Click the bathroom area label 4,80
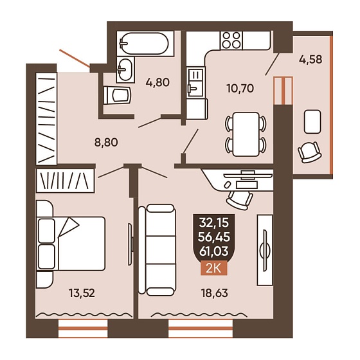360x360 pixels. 157,82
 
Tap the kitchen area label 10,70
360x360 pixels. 240,88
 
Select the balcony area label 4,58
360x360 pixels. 310,59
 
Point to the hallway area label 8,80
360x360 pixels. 106,142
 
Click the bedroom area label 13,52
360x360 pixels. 82,293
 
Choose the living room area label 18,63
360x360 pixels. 215,293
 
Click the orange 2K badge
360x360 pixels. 213,268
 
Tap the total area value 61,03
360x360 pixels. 213,251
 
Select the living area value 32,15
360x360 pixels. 213,222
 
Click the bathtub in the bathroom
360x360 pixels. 145,44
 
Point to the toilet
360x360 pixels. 117,95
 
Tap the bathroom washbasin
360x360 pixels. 125,69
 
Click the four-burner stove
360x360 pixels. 231,40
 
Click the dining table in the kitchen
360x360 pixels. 246,134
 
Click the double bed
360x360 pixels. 71,244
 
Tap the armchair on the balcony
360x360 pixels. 309,152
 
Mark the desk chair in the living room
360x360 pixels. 239,200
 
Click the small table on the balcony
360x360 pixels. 312,122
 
